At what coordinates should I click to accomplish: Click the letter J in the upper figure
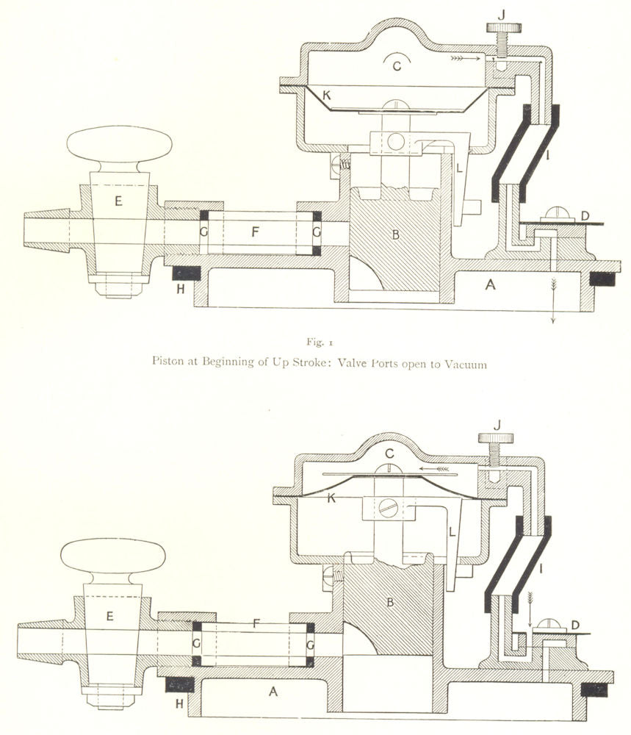point(502,15)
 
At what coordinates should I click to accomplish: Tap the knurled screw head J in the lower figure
point(496,438)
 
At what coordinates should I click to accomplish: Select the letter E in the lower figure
point(109,615)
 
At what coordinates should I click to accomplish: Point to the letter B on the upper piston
point(395,234)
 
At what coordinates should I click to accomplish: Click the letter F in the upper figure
point(255,231)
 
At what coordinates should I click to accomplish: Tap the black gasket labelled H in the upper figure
point(187,273)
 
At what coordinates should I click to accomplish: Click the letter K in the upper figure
point(326,95)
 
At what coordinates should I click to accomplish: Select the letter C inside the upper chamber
point(397,66)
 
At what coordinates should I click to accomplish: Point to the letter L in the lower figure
point(452,532)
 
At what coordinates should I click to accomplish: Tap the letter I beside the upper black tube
point(547,154)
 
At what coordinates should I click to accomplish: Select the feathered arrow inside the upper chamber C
point(466,58)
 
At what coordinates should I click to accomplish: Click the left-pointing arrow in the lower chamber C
point(434,468)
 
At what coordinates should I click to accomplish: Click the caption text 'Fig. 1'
point(320,342)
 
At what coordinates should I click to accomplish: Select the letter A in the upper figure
point(490,284)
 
